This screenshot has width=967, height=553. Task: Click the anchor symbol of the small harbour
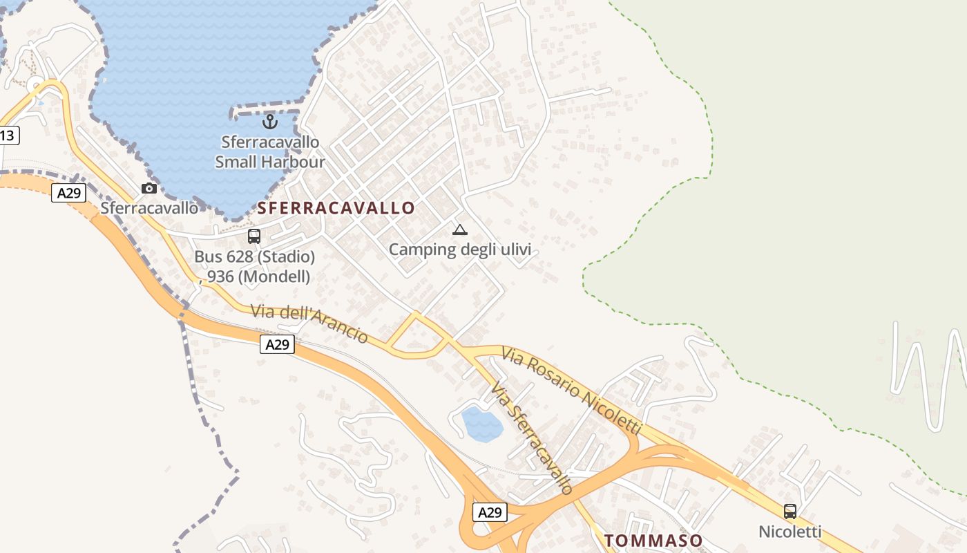tap(270, 122)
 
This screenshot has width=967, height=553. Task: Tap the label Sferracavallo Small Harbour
tap(269, 152)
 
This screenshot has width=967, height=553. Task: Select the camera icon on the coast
tap(149, 188)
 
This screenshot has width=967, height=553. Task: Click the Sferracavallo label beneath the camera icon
tap(149, 208)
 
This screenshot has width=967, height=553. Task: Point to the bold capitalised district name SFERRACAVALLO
tap(336, 208)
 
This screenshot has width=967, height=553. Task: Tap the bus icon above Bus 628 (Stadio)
tap(254, 236)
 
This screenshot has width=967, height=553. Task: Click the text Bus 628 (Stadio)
tap(254, 257)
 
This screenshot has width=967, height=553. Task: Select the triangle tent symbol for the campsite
tap(459, 229)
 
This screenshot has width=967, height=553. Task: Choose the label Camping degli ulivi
tap(459, 250)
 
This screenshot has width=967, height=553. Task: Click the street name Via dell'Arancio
tap(309, 324)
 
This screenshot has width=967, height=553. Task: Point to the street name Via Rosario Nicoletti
tap(572, 391)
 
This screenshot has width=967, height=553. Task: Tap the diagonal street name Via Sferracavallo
tap(532, 439)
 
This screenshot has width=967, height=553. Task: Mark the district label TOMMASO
tap(653, 541)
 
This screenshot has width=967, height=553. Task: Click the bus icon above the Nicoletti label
tap(790, 512)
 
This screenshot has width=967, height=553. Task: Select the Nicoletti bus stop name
tap(790, 532)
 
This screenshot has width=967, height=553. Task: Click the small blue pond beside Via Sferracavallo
tap(482, 424)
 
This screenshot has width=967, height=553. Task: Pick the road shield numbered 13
tap(8, 135)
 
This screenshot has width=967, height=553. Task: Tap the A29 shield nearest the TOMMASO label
tap(490, 512)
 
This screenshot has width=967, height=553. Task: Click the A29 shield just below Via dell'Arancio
tap(277, 344)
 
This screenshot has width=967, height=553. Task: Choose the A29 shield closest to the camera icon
tap(68, 193)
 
